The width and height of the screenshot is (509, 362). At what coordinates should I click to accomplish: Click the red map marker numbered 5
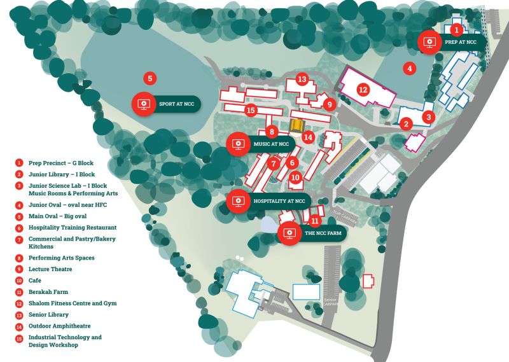(150, 78)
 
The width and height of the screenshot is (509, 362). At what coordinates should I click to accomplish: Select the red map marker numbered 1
(456, 29)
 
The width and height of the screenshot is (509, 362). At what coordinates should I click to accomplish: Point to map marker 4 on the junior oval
(410, 68)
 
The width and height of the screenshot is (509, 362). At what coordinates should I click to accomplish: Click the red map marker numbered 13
(302, 80)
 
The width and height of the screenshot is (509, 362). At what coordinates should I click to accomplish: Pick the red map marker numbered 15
(251, 111)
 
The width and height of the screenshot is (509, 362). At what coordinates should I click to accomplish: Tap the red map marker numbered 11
(314, 221)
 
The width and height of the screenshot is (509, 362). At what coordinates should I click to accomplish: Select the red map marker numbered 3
(429, 117)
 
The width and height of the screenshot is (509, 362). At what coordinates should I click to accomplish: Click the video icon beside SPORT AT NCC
(144, 104)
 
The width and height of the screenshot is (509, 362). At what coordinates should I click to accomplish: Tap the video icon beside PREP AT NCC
(429, 42)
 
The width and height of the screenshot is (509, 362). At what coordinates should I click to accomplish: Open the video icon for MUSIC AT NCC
(239, 144)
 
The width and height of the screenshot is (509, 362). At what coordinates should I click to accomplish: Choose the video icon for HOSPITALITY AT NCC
(239, 201)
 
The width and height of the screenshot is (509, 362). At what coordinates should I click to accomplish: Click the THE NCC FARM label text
(323, 234)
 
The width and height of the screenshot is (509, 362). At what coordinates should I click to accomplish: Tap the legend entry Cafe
(34, 281)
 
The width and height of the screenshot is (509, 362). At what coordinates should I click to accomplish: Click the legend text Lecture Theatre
(50, 269)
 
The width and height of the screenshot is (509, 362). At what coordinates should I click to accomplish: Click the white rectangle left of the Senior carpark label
(306, 291)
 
